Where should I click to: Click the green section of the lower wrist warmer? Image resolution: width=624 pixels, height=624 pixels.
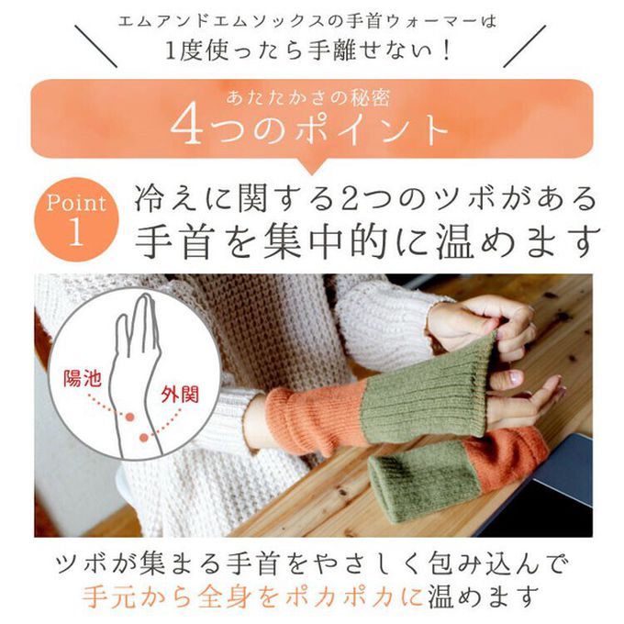pos(418,482)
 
